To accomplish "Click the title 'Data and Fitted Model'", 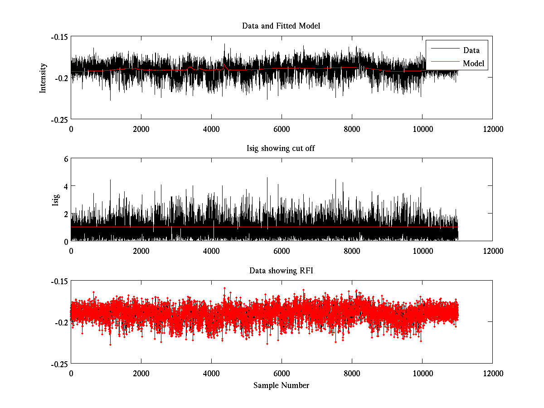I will [281, 26].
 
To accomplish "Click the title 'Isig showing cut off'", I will [281, 148].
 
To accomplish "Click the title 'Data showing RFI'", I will [281, 271].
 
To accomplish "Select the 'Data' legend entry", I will [471, 50].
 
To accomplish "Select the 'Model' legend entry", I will [474, 63].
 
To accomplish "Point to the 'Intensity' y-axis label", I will [43, 78].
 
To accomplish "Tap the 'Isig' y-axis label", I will [56, 200].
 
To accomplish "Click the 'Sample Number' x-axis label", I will [281, 385].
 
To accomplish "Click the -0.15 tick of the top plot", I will [59, 37].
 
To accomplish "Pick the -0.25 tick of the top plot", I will [59, 119].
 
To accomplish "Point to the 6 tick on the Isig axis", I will [65, 159].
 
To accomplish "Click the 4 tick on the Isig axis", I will [65, 186].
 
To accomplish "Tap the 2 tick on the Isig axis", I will [65, 214].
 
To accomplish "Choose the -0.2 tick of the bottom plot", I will [61, 322].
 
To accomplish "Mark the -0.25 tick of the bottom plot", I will [59, 364].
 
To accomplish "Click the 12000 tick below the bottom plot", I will [492, 373].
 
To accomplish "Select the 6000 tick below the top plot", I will [282, 129].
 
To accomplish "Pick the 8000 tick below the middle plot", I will [352, 251].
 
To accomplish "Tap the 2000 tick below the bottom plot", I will [141, 373].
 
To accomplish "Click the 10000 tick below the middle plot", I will [422, 251].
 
